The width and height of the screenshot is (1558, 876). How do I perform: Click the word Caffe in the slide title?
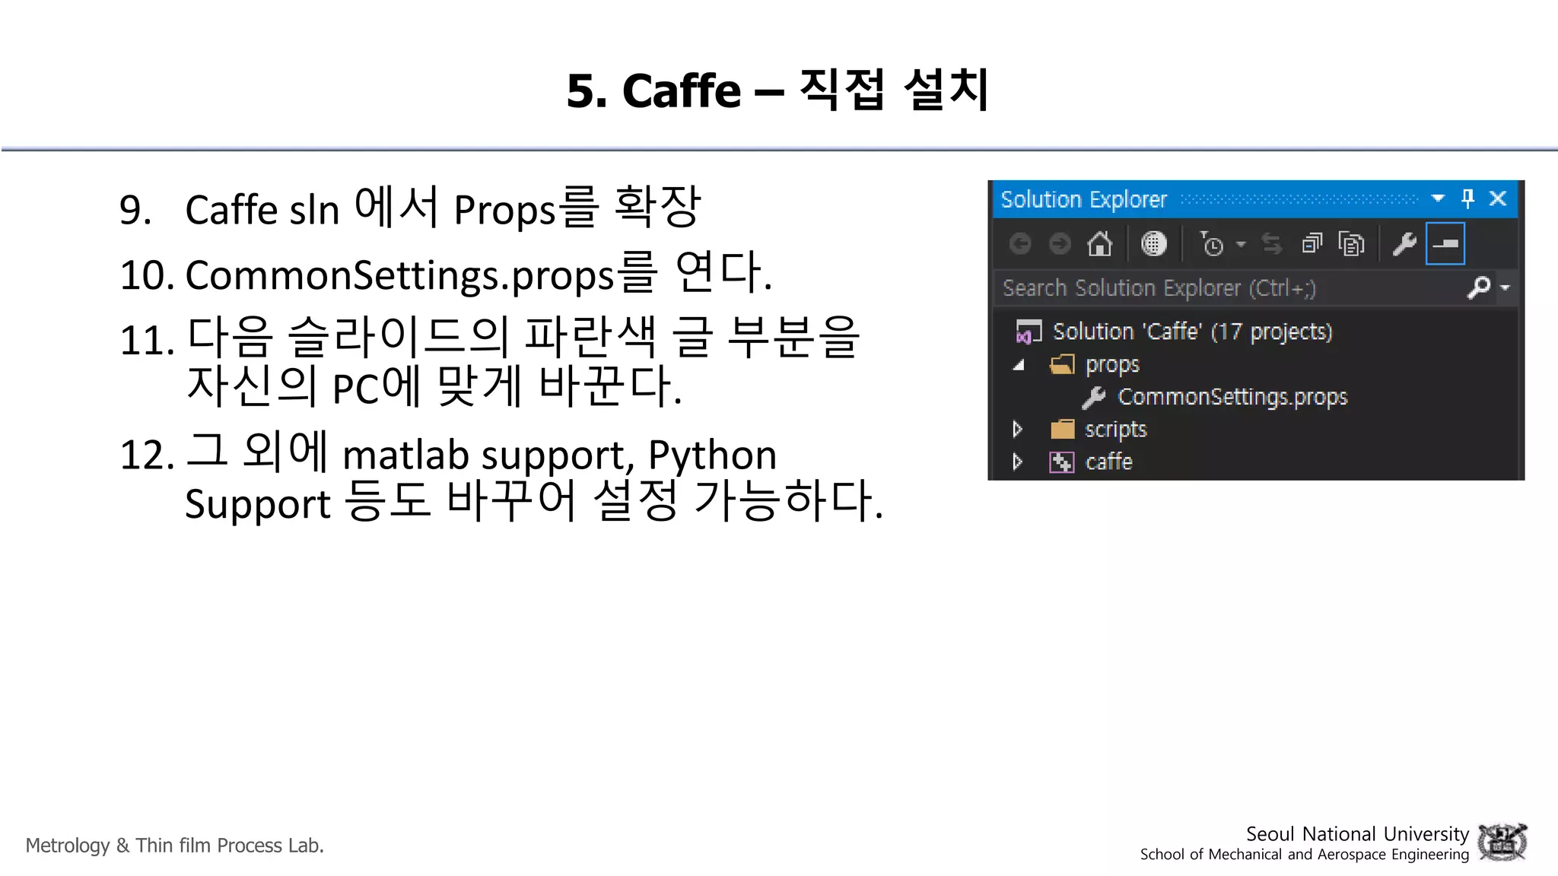pos(681,91)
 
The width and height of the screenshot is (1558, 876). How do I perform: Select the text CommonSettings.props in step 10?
pos(399,275)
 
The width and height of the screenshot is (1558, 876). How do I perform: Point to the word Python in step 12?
pos(712,455)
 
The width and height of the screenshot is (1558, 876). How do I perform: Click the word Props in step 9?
pos(504,211)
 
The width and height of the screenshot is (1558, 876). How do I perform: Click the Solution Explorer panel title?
pos(1083,199)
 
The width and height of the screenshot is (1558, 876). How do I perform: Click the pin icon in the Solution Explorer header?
pos(1467,198)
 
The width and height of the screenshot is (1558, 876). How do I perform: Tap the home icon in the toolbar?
pos(1099,244)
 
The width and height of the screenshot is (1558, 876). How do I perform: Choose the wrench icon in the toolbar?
pos(1404,244)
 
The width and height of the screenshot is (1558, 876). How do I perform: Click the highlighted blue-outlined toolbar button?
pos(1445,244)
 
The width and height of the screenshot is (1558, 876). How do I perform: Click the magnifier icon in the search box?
pos(1478,287)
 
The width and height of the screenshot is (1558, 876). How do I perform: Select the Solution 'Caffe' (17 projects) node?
pos(1191,332)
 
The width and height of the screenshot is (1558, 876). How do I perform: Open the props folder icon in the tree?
pos(1062,365)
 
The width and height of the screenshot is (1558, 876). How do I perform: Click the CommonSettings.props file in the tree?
pos(1232,397)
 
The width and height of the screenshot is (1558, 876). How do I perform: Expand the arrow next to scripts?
pos(1017,430)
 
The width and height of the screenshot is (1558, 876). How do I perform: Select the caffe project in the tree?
pos(1108,462)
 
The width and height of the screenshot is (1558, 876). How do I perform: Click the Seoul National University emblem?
pos(1502,843)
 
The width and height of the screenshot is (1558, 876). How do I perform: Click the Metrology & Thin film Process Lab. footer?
pos(175,846)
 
